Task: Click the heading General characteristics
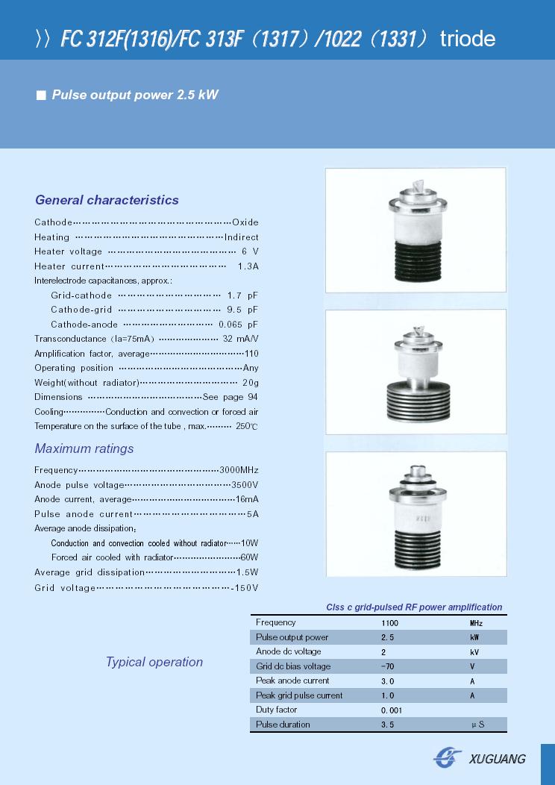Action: coord(107,200)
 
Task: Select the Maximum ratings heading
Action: coord(84,448)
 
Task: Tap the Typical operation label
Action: coord(154,662)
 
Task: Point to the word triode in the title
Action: coord(468,39)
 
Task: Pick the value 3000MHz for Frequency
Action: coord(239,470)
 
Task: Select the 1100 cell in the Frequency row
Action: coord(390,623)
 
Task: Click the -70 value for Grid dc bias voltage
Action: coord(387,666)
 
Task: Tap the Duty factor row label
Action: coord(276,710)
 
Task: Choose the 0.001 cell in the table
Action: coord(392,710)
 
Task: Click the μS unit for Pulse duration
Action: coord(477,725)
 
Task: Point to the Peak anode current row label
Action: coord(292,681)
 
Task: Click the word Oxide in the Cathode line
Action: coord(245,222)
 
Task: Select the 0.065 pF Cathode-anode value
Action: coord(238,325)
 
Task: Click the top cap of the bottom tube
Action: coord(416,472)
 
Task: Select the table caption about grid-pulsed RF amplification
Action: coord(414,607)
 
